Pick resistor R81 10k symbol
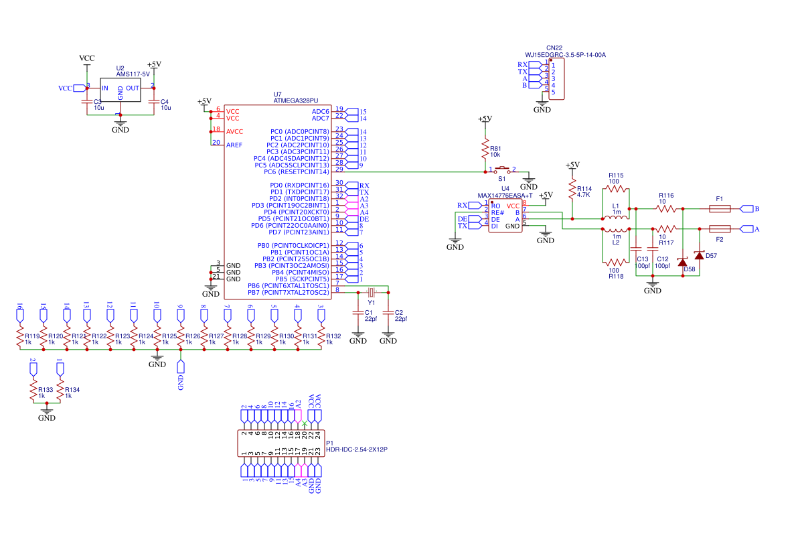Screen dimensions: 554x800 pyautogui.click(x=484, y=148)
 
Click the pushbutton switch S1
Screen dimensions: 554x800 pyautogui.click(x=503, y=169)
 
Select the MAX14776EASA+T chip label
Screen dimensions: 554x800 pyautogui.click(x=505, y=196)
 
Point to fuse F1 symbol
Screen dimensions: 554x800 pyautogui.click(x=719, y=209)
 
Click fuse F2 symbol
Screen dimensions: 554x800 pyautogui.click(x=719, y=229)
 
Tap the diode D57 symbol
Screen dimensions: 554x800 pyautogui.click(x=699, y=255)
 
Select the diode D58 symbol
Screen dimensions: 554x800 pyautogui.click(x=683, y=262)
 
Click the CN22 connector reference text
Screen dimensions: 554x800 pyautogui.click(x=554, y=48)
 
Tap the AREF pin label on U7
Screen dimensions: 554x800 pyautogui.click(x=234, y=145)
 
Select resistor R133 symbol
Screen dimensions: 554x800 pyautogui.click(x=33, y=389)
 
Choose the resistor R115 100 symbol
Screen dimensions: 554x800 pyautogui.click(x=616, y=189)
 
